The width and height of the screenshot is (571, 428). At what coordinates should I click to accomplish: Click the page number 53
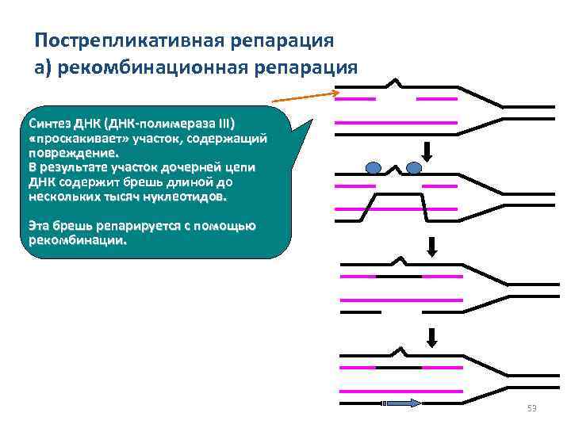(531, 409)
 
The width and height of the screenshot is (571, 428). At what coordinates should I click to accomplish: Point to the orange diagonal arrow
(305, 97)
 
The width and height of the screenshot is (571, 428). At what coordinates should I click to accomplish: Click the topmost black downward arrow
(427, 150)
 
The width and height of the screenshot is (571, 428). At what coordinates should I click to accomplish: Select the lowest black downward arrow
(431, 338)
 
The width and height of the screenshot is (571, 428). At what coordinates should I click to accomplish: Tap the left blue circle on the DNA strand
(374, 167)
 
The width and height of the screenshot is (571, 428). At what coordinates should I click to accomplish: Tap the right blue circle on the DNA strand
(413, 167)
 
